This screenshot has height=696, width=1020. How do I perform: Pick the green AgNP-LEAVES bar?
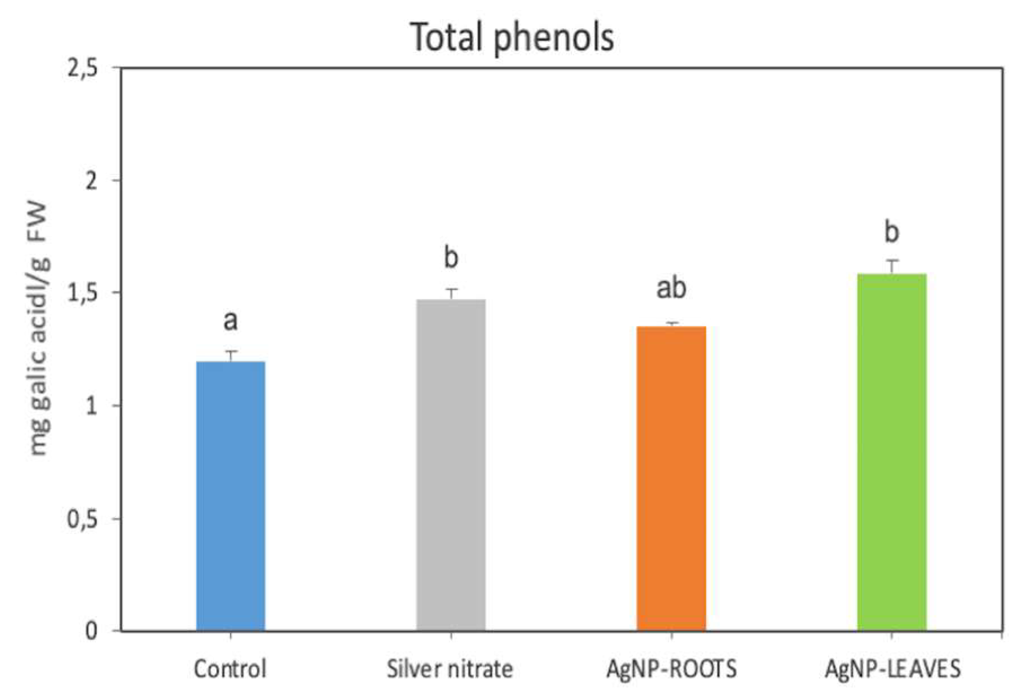(892, 451)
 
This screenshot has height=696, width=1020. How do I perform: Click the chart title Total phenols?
(512, 37)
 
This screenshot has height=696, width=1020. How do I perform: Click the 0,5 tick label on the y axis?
(82, 518)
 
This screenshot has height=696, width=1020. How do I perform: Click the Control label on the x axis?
(230, 669)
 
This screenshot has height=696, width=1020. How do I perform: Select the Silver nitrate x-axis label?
(450, 669)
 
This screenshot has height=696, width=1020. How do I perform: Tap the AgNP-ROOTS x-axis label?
(671, 669)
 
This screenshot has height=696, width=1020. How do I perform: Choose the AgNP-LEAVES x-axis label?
(892, 669)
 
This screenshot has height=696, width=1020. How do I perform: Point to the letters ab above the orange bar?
(671, 288)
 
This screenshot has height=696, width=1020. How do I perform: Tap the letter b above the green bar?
(892, 232)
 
